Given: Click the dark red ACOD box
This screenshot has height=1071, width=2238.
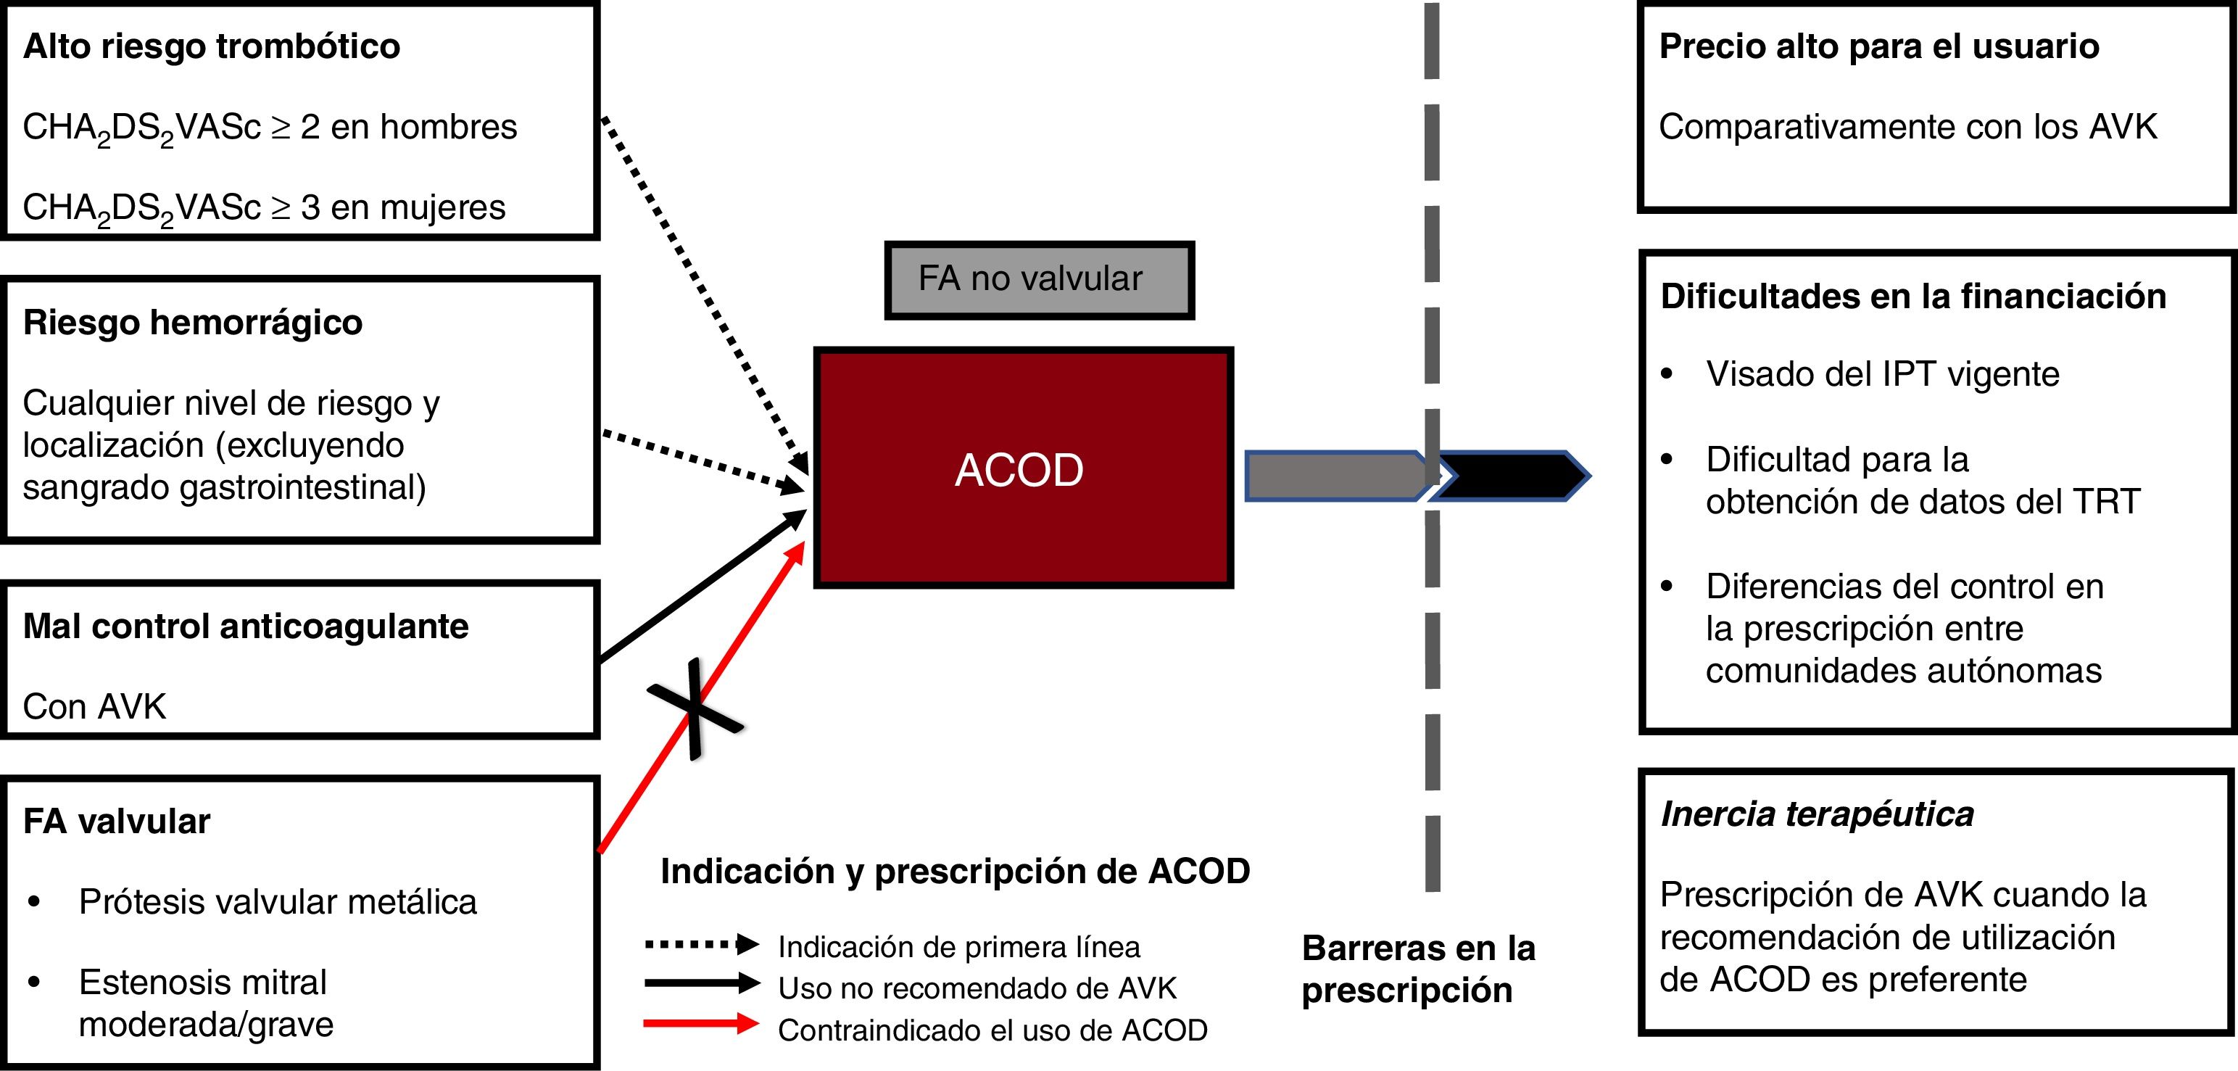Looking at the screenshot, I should tap(1022, 468).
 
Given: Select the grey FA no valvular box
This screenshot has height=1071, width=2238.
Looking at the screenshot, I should tap(1039, 280).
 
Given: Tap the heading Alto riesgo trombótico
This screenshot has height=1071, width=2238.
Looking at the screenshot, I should tap(211, 46).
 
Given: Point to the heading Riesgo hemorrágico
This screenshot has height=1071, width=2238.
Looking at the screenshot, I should tap(192, 322).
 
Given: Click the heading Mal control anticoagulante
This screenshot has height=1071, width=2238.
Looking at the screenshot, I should tap(245, 627).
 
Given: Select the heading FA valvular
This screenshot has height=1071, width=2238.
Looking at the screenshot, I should tap(117, 821).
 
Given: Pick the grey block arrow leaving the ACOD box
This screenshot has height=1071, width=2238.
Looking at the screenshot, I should tap(1333, 476).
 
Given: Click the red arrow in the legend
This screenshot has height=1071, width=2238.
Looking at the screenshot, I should tap(700, 1024).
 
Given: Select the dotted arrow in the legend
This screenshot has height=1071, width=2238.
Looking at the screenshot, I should tap(700, 944).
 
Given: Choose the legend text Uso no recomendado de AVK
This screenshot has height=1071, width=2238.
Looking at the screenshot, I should tap(977, 988).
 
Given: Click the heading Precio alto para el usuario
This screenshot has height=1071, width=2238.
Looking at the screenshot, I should tap(1878, 46).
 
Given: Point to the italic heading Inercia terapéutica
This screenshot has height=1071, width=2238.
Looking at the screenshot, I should tap(1817, 814).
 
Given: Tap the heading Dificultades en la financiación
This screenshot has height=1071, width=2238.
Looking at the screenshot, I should tap(1912, 296).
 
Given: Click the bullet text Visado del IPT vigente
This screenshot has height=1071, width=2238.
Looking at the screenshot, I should tap(1882, 373).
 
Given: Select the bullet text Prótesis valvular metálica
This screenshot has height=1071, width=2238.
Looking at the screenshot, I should tap(277, 901).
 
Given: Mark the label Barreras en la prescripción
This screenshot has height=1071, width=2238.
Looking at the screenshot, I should tap(1418, 969).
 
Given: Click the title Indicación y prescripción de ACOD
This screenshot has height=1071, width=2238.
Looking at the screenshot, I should tap(955, 870).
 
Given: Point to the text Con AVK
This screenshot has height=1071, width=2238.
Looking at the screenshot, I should tap(94, 706).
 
